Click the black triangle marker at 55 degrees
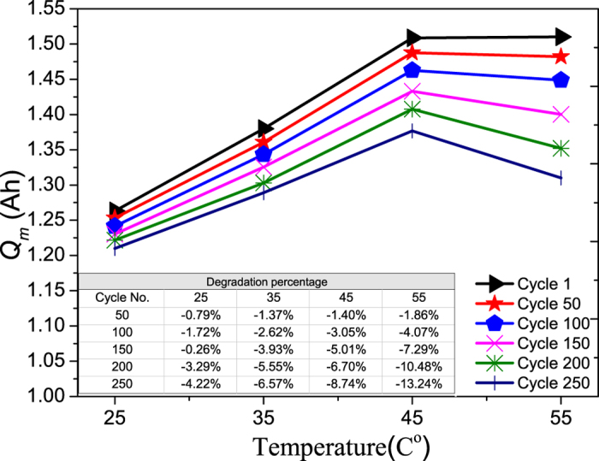pos(561,36)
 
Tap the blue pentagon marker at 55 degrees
pos(561,80)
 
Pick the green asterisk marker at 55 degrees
pos(561,149)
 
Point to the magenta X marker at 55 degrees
pos(561,114)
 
